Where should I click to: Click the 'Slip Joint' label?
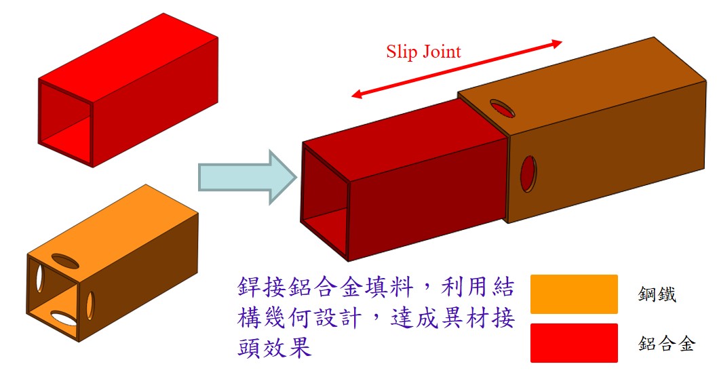point(423,52)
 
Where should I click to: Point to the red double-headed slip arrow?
point(457,70)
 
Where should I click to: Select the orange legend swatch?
point(574,294)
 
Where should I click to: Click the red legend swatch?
point(574,342)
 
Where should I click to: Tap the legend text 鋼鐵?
point(657,294)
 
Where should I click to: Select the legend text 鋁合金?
point(667,343)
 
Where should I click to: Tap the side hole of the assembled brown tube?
point(528,173)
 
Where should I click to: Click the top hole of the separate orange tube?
point(64,259)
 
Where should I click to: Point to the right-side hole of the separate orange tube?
point(90,305)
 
